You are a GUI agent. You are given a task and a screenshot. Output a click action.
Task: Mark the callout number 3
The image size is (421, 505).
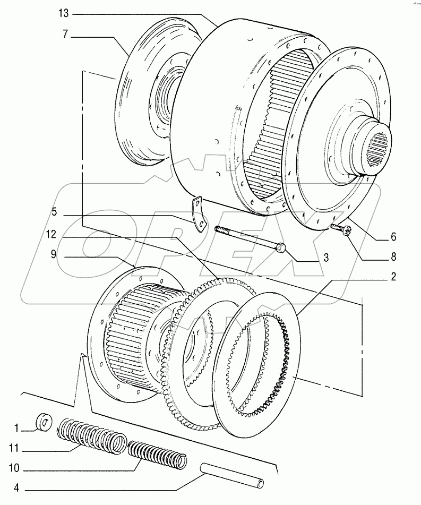click(x=326, y=258)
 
